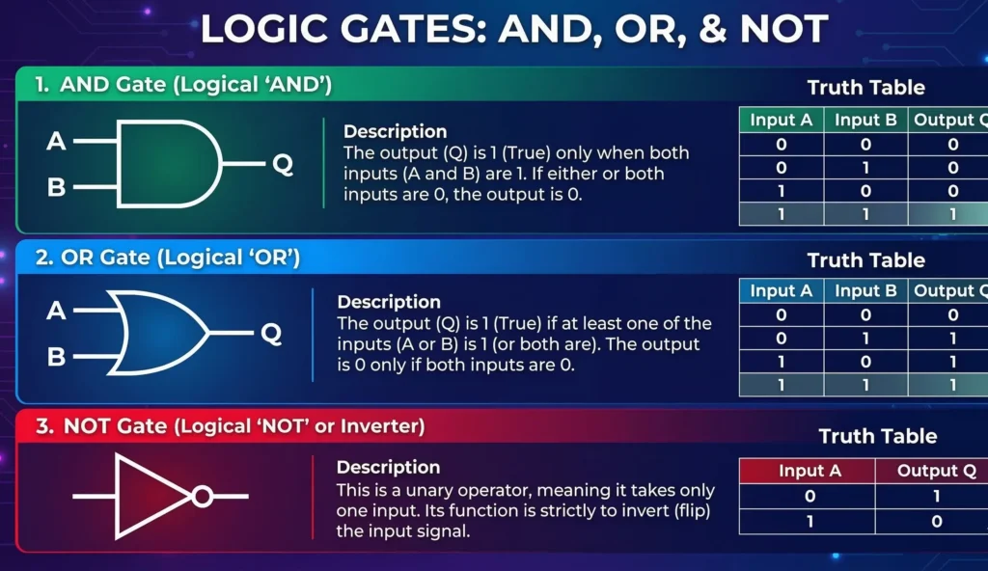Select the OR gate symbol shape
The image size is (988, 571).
tap(160, 334)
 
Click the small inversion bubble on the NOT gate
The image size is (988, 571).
tap(202, 497)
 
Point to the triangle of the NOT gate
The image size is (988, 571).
tap(150, 497)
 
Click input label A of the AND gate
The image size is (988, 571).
tap(56, 142)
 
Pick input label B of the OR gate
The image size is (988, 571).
tap(56, 357)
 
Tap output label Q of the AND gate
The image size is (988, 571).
tap(282, 164)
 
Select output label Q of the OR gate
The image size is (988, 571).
tap(271, 334)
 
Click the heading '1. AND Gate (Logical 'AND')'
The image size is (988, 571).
tap(183, 85)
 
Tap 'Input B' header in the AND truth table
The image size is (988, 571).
tap(865, 120)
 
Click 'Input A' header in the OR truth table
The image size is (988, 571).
tap(781, 290)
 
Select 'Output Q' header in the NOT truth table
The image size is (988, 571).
tap(930, 471)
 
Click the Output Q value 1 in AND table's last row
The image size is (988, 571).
tap(952, 215)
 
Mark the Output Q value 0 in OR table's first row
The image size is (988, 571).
tap(952, 314)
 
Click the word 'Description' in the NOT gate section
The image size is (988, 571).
tap(388, 467)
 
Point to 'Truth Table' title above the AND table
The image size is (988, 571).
tap(865, 88)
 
